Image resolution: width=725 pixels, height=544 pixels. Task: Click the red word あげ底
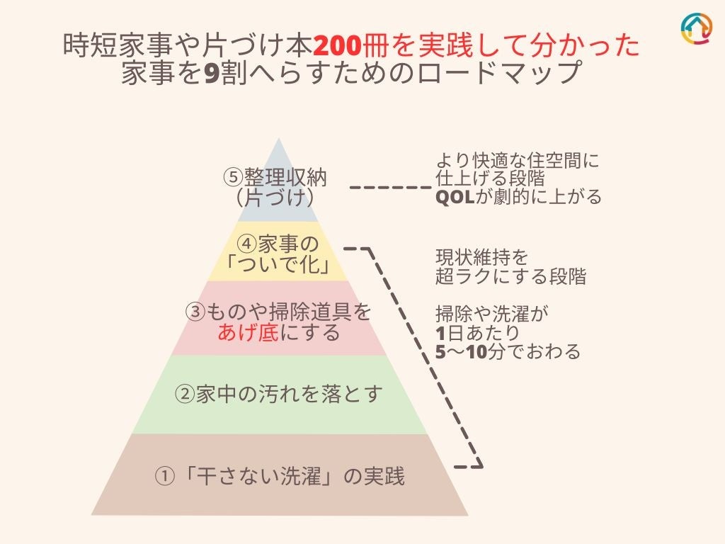[248, 331]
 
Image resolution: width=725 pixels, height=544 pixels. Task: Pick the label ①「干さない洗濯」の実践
[280, 476]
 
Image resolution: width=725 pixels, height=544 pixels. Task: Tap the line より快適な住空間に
[517, 161]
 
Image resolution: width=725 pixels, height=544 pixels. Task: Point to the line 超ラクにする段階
[510, 277]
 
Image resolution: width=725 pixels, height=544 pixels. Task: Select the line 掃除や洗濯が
[492, 312]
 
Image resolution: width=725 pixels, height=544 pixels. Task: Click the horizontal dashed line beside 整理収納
[391, 188]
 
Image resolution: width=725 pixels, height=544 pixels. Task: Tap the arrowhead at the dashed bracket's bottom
[477, 466]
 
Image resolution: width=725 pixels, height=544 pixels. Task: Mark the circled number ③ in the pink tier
[195, 312]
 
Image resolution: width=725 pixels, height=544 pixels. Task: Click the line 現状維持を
[481, 256]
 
